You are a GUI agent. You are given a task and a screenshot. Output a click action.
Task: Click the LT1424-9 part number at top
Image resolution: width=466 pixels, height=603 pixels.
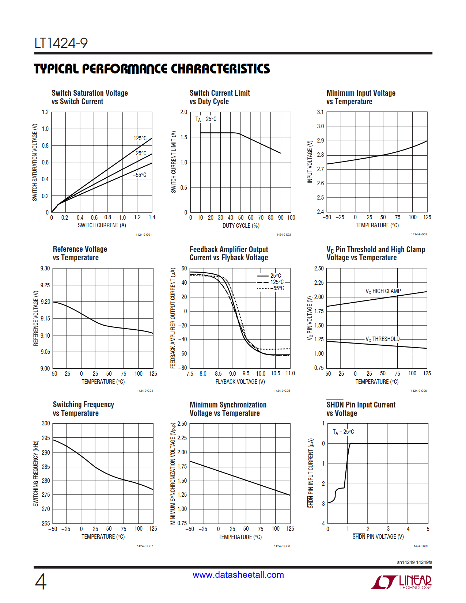click(x=61, y=43)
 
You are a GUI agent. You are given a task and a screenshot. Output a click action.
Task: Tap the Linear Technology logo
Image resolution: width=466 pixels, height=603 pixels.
click(x=401, y=582)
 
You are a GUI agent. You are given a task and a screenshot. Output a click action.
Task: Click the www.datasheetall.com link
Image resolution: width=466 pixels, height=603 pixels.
click(x=238, y=575)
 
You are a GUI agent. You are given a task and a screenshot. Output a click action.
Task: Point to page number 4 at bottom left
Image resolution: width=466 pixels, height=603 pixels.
click(x=41, y=582)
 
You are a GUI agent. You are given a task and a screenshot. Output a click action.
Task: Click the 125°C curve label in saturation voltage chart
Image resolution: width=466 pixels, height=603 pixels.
click(x=140, y=139)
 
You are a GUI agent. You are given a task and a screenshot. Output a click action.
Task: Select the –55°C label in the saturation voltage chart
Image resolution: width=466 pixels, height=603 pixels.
click(x=139, y=175)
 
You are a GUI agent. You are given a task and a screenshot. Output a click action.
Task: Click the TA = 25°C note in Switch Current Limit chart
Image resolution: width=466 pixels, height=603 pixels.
click(x=206, y=119)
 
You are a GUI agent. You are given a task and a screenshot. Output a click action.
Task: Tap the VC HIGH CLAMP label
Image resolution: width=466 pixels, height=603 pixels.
click(x=383, y=291)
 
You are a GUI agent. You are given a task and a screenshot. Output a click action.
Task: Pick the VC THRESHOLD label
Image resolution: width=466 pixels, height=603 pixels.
click(x=383, y=339)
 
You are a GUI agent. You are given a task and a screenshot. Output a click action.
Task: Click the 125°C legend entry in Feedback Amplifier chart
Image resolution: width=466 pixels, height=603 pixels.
click(x=277, y=282)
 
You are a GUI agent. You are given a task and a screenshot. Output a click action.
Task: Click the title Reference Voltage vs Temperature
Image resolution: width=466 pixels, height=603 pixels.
click(x=80, y=253)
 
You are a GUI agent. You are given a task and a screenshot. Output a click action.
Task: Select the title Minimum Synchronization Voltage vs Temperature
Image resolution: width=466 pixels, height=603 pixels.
click(x=228, y=409)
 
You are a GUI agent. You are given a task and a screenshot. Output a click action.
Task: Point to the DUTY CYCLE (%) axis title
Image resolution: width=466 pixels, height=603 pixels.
click(x=241, y=226)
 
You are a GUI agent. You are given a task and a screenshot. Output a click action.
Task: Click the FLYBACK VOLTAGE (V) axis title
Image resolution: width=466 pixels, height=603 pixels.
click(x=240, y=382)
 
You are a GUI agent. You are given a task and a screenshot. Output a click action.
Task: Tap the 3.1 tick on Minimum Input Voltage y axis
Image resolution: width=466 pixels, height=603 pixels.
click(x=320, y=112)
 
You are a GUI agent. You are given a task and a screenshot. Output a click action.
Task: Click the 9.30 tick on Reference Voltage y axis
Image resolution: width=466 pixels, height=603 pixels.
click(x=45, y=269)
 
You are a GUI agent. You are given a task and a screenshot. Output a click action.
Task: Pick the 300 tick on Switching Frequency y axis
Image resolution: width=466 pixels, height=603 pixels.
click(x=46, y=424)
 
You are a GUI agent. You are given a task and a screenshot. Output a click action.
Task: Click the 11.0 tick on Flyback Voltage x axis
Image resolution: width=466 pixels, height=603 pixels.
click(x=290, y=373)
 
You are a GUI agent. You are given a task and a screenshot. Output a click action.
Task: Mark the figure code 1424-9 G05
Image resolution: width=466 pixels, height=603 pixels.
click(x=282, y=391)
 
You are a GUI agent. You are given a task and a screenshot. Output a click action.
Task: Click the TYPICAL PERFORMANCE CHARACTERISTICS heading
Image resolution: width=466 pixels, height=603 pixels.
click(x=152, y=69)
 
